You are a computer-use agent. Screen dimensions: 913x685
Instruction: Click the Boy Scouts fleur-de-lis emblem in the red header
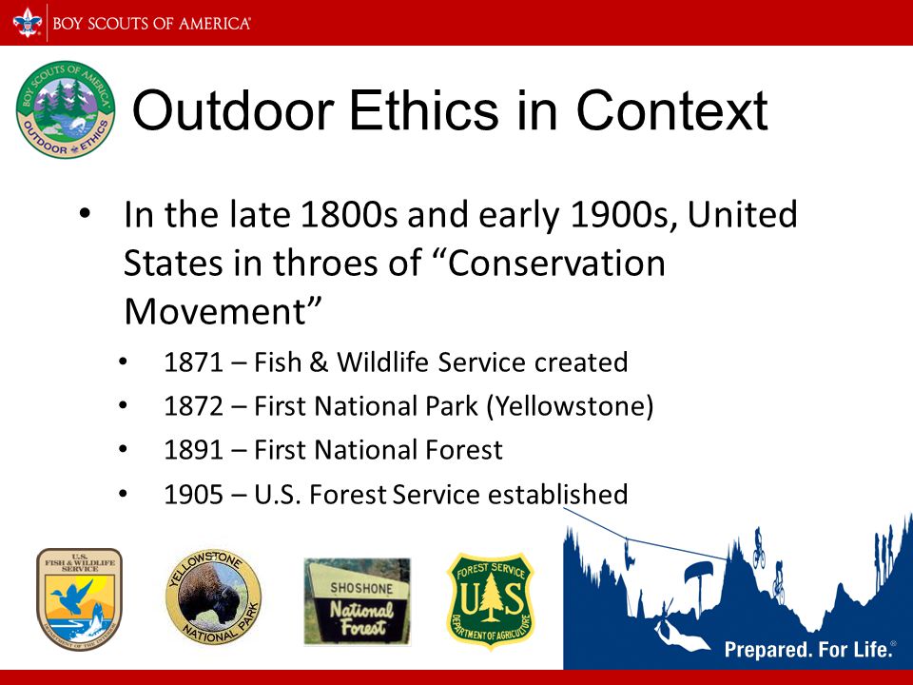pos(28,23)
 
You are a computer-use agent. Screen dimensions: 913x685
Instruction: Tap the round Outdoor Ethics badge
pos(66,109)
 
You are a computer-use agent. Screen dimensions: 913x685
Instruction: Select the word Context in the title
pos(672,110)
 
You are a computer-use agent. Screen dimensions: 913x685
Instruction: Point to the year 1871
pos(194,362)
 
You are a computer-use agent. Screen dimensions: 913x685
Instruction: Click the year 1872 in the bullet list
pos(194,406)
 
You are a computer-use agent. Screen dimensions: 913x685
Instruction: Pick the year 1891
pos(194,450)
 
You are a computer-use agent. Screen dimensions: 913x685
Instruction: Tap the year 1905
pos(194,495)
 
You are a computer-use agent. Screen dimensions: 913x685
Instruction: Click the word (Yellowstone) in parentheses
pos(570,406)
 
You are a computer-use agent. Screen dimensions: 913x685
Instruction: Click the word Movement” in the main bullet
pos(223,311)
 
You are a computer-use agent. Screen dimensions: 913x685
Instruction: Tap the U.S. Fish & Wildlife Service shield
pos(80,598)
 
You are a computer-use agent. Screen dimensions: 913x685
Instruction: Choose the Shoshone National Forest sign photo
pos(357,601)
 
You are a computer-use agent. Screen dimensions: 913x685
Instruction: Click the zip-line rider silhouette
pos(629,554)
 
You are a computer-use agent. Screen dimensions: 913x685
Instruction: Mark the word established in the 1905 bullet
pos(558,494)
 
